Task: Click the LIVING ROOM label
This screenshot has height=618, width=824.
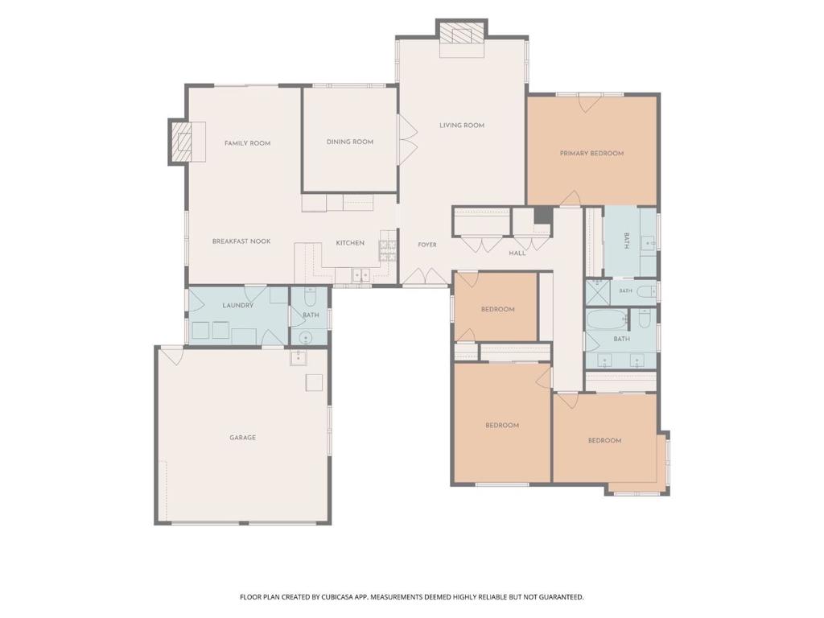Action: pyautogui.click(x=462, y=125)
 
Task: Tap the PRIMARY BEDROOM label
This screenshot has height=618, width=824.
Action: pyautogui.click(x=591, y=154)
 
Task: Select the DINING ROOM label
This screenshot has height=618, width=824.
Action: pyautogui.click(x=350, y=142)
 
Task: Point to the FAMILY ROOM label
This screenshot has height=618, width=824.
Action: pyautogui.click(x=248, y=143)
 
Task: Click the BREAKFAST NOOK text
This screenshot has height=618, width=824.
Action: pyautogui.click(x=241, y=241)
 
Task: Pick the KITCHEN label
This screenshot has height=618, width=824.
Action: pyautogui.click(x=350, y=243)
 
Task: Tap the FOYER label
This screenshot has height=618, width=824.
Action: pyautogui.click(x=427, y=245)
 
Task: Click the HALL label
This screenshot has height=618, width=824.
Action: pyautogui.click(x=517, y=253)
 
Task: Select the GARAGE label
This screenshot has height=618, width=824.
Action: pyautogui.click(x=242, y=437)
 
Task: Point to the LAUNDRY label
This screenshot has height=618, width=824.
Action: pyautogui.click(x=238, y=305)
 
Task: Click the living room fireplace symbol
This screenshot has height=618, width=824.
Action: pyautogui.click(x=462, y=35)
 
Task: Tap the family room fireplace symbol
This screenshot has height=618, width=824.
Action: pyautogui.click(x=183, y=142)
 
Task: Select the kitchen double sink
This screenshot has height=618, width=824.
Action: pyautogui.click(x=361, y=275)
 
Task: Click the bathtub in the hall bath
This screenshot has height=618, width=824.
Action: pyautogui.click(x=607, y=319)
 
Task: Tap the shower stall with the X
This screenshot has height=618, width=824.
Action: pyautogui.click(x=598, y=293)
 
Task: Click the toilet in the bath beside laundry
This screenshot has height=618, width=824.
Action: pyautogui.click(x=310, y=298)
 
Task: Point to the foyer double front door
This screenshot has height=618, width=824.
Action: pyautogui.click(x=424, y=278)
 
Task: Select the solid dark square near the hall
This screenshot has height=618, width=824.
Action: pyautogui.click(x=543, y=216)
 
